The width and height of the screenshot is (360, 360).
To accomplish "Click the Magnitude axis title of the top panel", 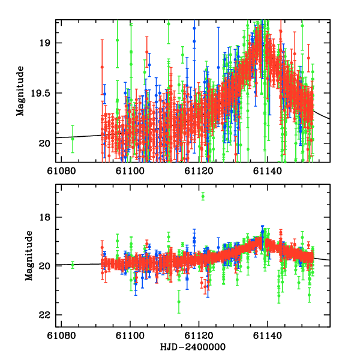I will [20, 91].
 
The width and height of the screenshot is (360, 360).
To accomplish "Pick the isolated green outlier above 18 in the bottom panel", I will [203, 196].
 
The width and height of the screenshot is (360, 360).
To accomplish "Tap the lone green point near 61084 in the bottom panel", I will [73, 265].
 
